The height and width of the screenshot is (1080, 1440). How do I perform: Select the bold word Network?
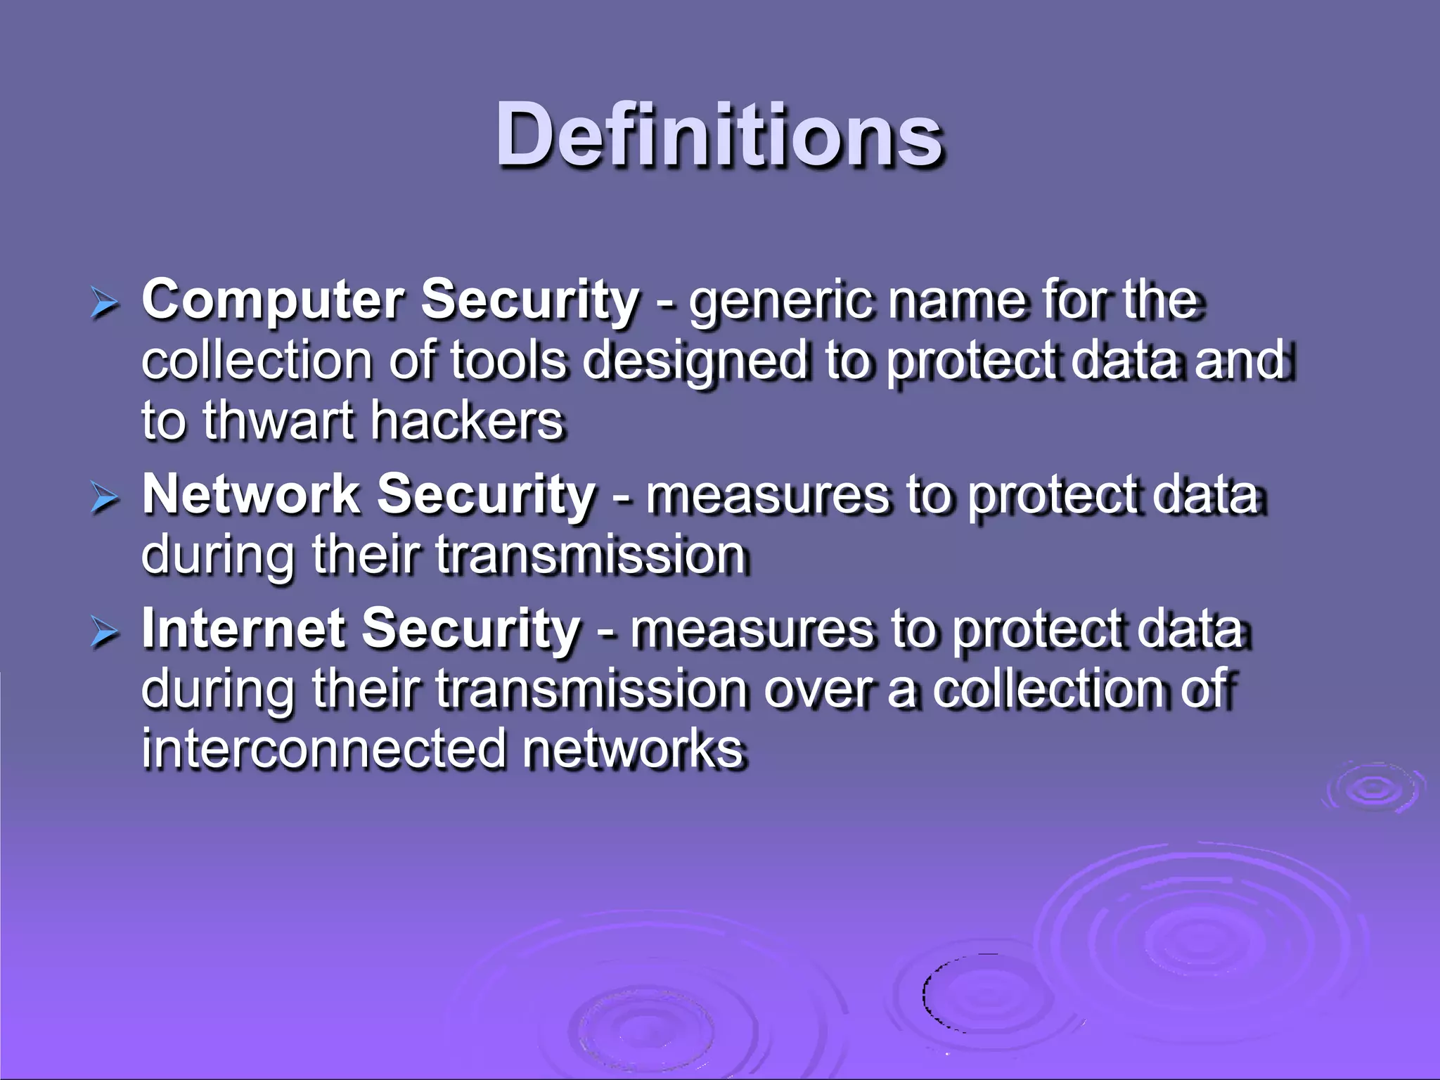(x=251, y=494)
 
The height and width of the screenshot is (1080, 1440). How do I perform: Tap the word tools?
(x=508, y=361)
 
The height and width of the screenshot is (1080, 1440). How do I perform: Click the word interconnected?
(x=323, y=748)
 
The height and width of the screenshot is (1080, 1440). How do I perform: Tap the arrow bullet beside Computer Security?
(x=104, y=306)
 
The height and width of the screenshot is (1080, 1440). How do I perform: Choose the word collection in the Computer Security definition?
(x=257, y=361)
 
